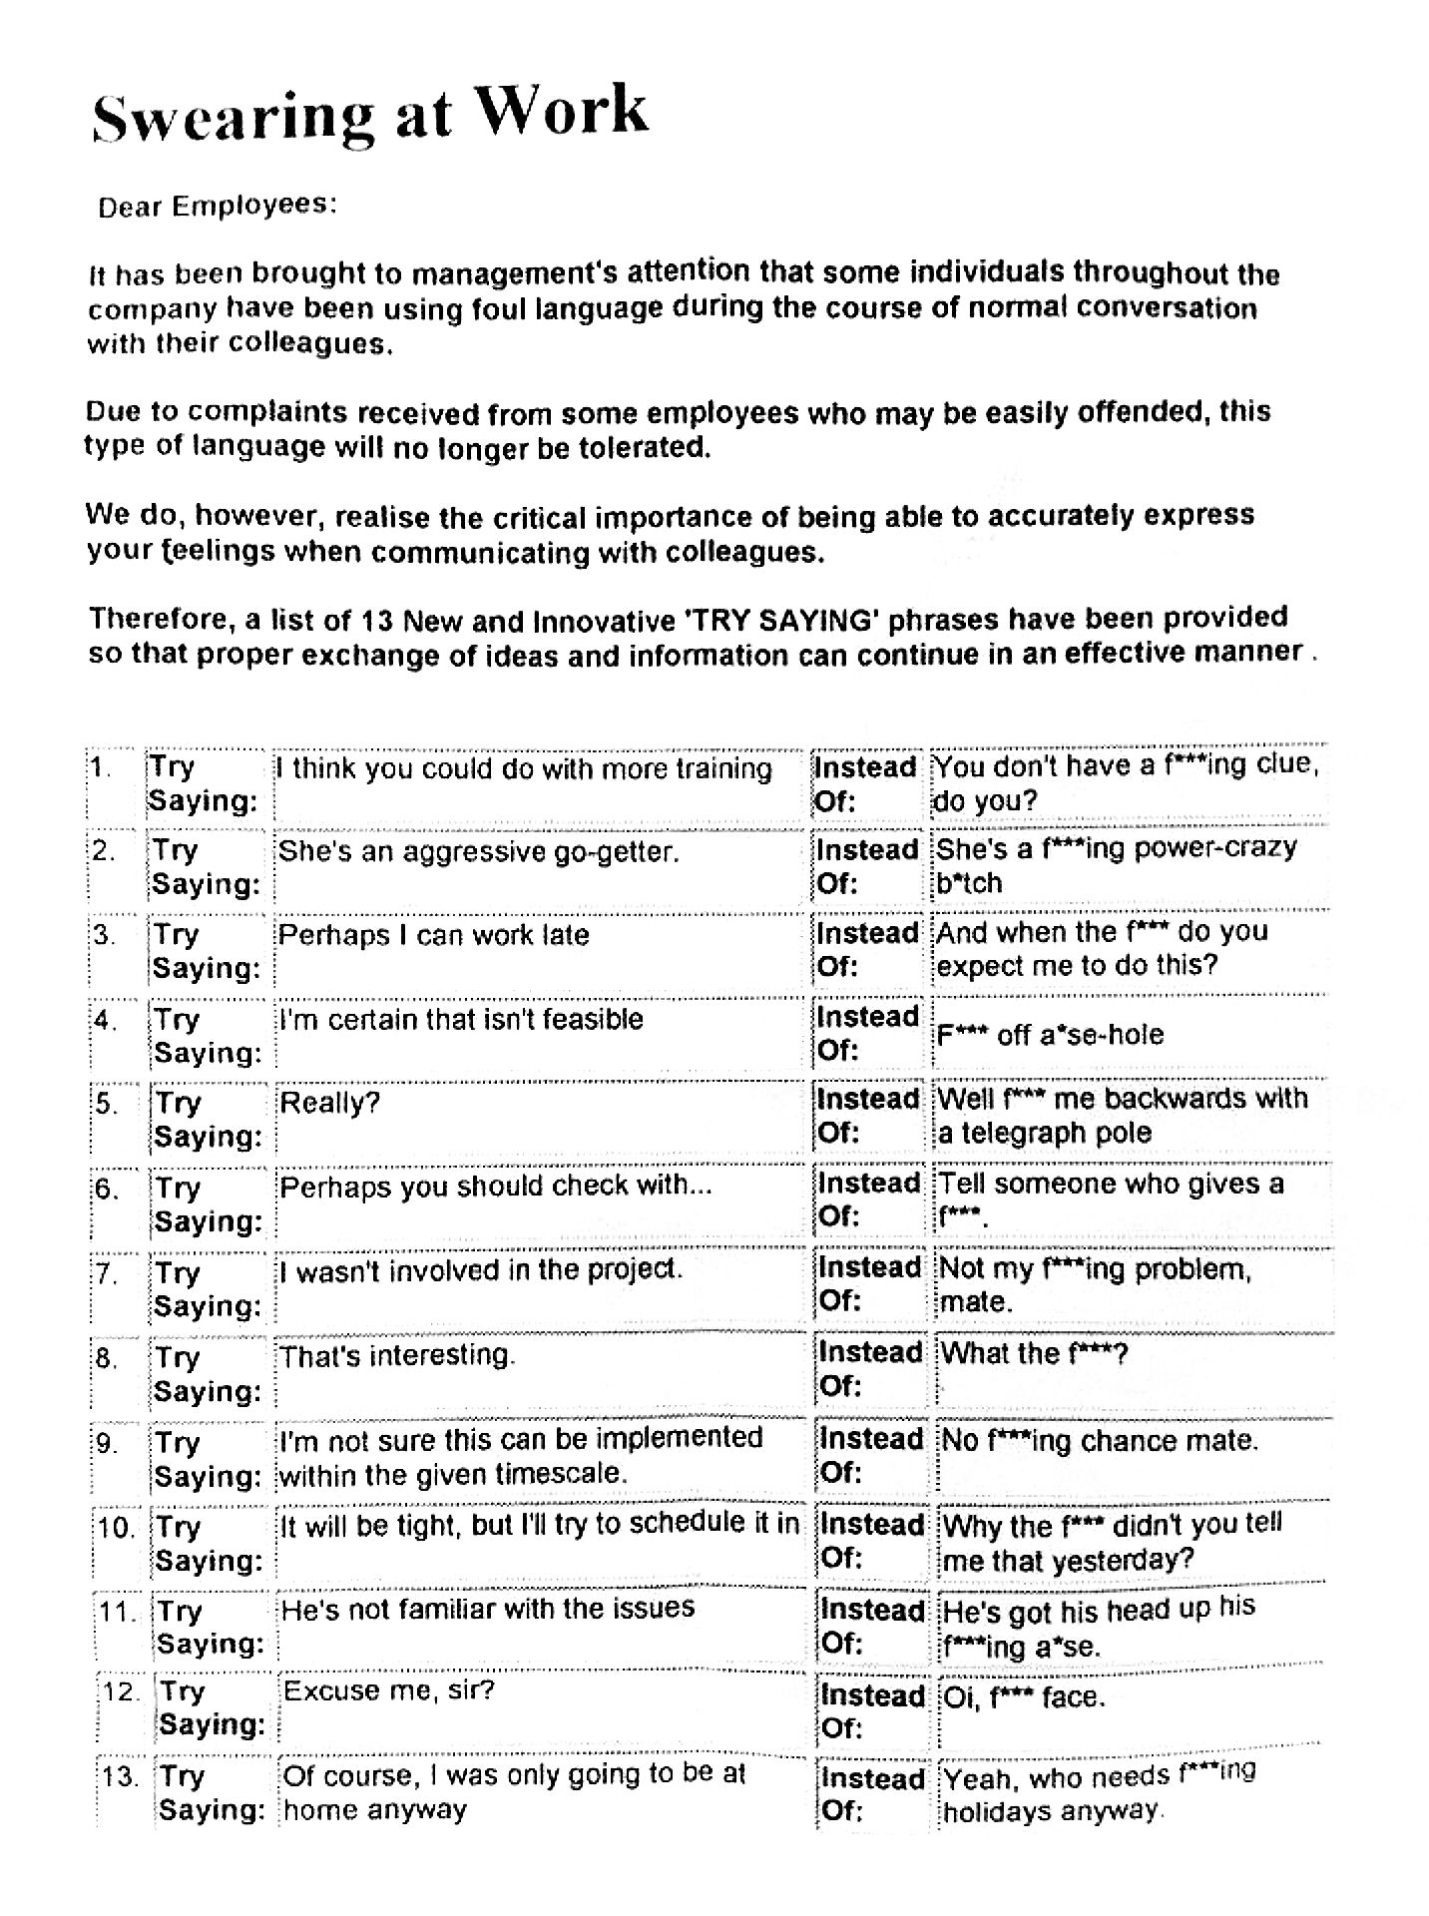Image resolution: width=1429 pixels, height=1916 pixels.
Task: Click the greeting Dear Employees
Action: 217,206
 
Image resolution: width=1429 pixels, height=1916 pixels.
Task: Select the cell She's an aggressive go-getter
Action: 478,851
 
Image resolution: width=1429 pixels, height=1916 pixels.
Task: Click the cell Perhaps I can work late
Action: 433,935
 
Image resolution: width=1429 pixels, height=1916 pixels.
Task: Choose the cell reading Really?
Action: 330,1103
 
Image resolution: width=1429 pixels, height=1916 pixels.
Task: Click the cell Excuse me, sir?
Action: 389,1690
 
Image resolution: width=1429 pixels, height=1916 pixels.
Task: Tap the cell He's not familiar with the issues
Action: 488,1608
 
